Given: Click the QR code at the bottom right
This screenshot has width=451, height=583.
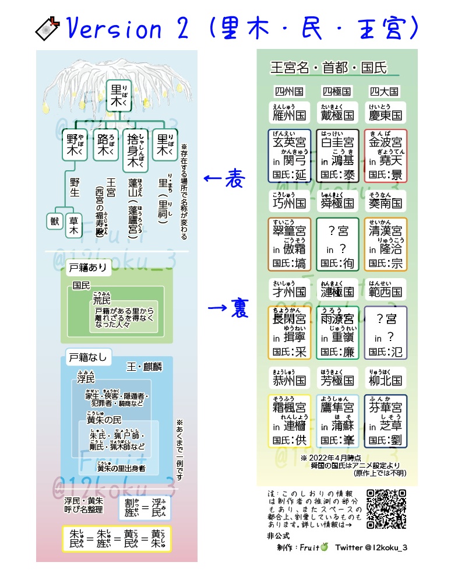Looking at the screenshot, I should tap(386, 509).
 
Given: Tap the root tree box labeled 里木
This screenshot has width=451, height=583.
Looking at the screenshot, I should tap(119, 95).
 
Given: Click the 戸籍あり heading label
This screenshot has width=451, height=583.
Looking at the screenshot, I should tap(87, 270).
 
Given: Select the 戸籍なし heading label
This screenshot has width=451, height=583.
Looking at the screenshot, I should tap(87, 357).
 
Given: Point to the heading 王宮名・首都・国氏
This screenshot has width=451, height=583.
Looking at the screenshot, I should tap(329, 68).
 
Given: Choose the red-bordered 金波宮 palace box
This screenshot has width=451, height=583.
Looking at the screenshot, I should tap(385, 155).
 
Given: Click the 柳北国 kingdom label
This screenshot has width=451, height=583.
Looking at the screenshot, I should tap(385, 380).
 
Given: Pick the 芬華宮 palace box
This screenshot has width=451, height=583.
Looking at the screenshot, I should tap(385, 421).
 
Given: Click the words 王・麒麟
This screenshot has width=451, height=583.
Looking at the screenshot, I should tap(145, 367).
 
